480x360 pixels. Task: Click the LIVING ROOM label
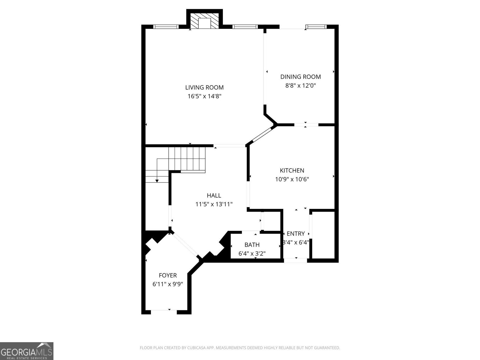(204, 88)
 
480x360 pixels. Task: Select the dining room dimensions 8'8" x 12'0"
(300, 86)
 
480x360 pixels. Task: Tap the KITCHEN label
(292, 170)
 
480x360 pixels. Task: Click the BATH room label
(252, 245)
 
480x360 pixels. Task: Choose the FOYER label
(168, 275)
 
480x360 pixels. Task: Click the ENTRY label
(295, 234)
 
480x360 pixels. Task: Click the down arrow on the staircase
(157, 180)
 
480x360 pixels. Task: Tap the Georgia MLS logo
(26, 351)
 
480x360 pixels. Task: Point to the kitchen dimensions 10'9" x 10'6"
(292, 179)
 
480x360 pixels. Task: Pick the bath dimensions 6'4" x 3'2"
(252, 254)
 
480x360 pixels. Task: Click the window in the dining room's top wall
(316, 27)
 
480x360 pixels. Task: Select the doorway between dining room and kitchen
(306, 124)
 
